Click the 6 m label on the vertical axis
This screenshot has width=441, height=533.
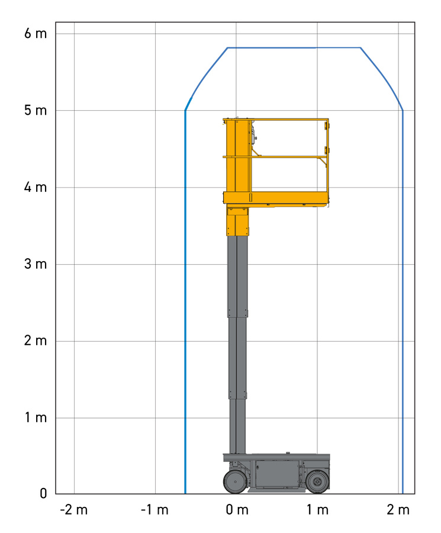(36, 34)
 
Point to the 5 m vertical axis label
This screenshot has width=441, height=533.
(36, 111)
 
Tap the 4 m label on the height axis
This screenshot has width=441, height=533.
(36, 187)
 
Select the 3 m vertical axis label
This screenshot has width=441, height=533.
(36, 264)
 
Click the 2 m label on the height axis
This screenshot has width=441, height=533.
(36, 341)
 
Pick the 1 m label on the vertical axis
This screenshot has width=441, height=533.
(36, 418)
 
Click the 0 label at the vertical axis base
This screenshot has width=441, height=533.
(43, 493)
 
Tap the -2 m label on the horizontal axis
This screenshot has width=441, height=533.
(74, 510)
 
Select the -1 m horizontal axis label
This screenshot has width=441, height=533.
(154, 510)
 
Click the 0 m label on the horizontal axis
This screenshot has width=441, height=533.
(237, 510)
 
